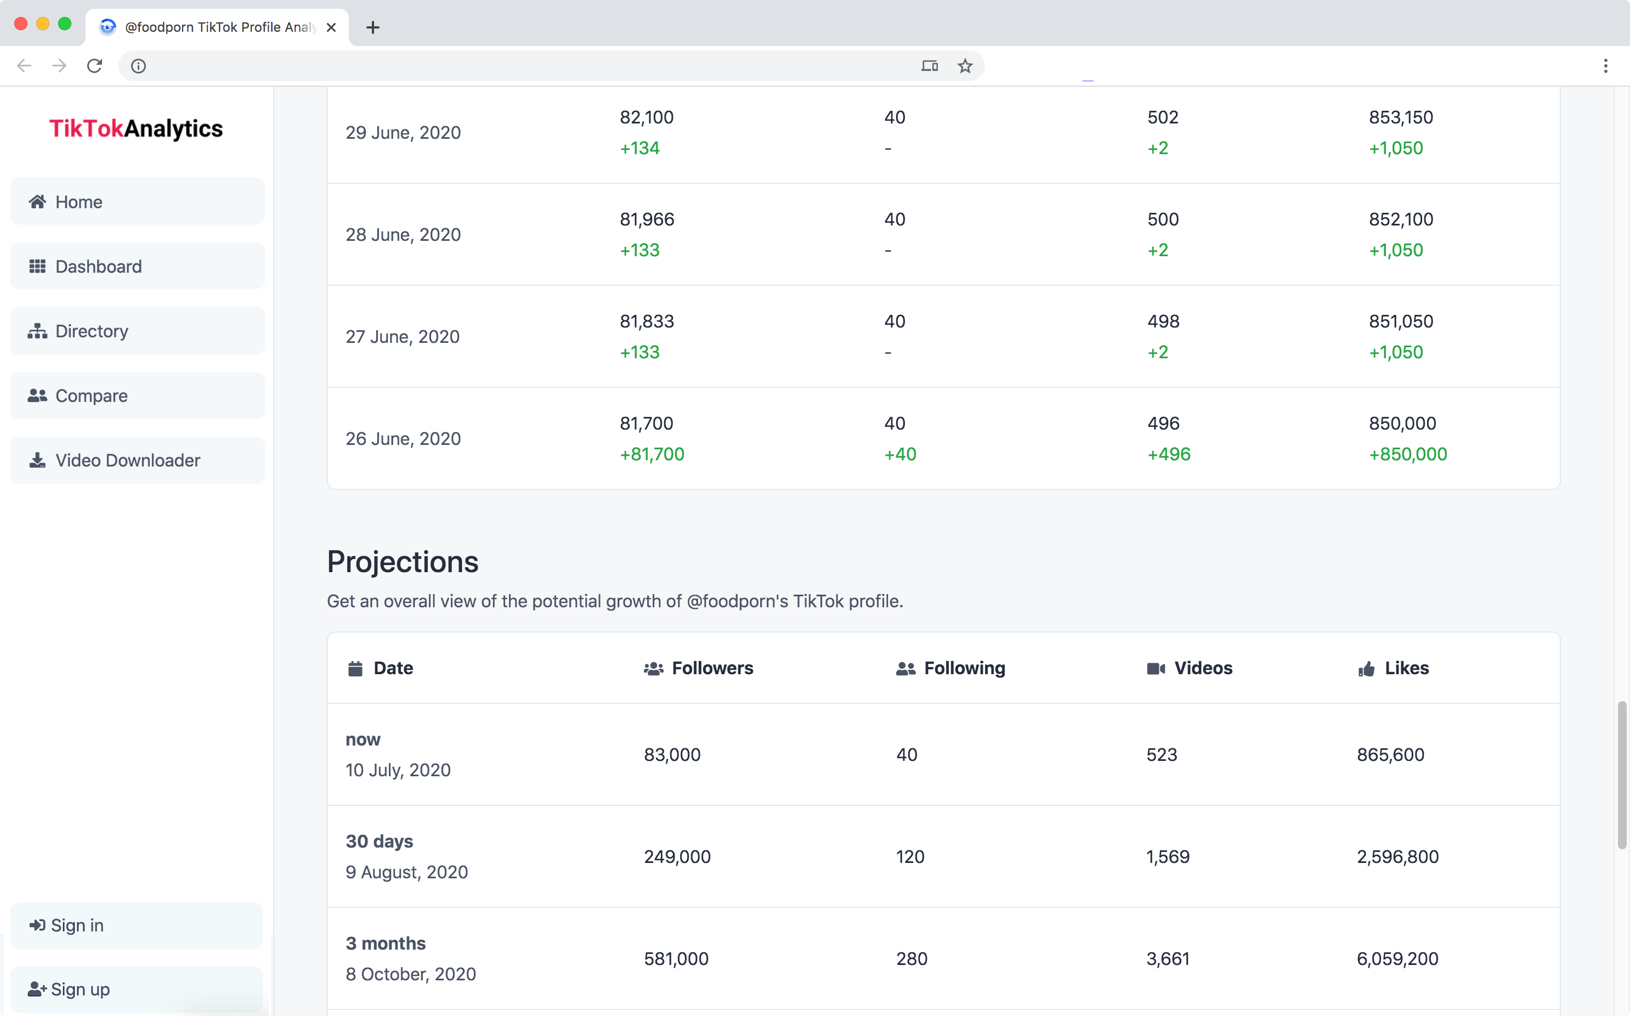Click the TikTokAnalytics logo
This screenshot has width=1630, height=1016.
[135, 128]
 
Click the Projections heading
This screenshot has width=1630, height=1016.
[403, 562]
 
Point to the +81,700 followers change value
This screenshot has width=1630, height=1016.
[652, 454]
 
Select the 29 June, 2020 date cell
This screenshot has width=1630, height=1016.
[403, 132]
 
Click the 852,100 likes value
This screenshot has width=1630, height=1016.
[1401, 219]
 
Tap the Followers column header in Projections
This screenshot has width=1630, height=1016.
[712, 668]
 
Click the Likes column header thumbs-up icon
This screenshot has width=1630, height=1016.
[1366, 669]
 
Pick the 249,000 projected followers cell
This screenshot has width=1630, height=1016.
[677, 857]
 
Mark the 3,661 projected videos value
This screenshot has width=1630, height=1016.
[1167, 959]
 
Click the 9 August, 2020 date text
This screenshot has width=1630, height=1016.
[406, 872]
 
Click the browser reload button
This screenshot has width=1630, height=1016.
[95, 66]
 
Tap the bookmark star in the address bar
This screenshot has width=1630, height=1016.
[965, 66]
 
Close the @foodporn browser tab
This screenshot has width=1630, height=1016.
[331, 27]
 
